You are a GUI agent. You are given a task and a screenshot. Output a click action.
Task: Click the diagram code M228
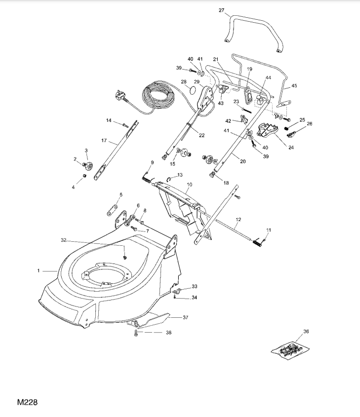pos(27,402)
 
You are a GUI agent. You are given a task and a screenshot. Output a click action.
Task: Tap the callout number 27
pos(221,10)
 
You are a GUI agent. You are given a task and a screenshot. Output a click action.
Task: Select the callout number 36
pos(306,331)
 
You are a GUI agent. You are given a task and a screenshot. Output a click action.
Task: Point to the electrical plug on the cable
pos(120,95)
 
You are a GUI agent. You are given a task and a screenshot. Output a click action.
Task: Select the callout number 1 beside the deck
pos(39,271)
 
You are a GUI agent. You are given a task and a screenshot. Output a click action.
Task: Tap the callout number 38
pos(168,333)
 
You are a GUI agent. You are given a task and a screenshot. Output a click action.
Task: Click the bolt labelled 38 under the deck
pos(136,333)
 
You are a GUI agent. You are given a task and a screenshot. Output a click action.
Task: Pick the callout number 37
pos(185,317)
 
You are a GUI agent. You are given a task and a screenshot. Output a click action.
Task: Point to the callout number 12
pos(238,220)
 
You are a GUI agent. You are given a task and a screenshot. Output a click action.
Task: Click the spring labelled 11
pos(258,242)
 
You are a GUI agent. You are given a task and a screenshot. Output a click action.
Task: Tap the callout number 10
pos(190,185)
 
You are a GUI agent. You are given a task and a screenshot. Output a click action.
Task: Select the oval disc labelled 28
pos(193,90)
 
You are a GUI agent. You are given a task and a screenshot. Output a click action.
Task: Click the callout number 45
pos(294,86)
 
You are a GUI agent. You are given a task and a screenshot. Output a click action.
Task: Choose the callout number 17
pos(104,141)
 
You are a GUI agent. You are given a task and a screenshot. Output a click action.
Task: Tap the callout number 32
pos(64,240)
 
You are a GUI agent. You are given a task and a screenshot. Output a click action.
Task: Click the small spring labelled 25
pos(287,128)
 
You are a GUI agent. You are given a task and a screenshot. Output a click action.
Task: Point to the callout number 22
pos(201,135)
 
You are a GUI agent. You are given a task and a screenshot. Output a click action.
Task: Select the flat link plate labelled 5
pos(113,210)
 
